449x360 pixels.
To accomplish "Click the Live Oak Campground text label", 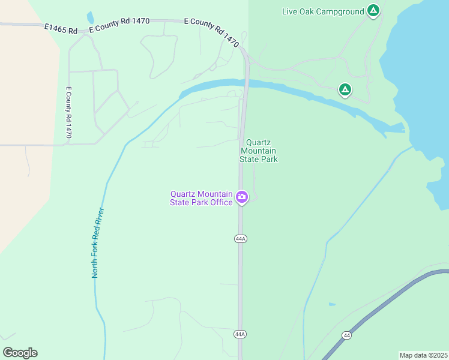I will [x=323, y=11].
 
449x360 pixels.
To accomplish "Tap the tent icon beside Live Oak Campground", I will [x=373, y=10].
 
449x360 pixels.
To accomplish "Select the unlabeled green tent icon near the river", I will [x=345, y=90].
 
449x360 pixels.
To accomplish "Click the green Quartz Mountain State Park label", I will [x=259, y=151].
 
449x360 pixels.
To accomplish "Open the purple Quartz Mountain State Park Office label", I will [x=202, y=198].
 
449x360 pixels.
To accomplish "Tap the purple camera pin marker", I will [x=242, y=197].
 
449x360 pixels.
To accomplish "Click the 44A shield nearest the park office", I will [x=241, y=239].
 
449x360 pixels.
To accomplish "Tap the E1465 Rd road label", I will [x=61, y=28].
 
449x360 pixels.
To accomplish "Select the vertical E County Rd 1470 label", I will [x=69, y=113].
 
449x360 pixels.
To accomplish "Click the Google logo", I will [x=20, y=353].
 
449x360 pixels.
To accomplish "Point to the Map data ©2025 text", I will [x=423, y=355].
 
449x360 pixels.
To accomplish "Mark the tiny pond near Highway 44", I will [x=333, y=304].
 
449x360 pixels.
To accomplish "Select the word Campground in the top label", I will [x=341, y=11].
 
